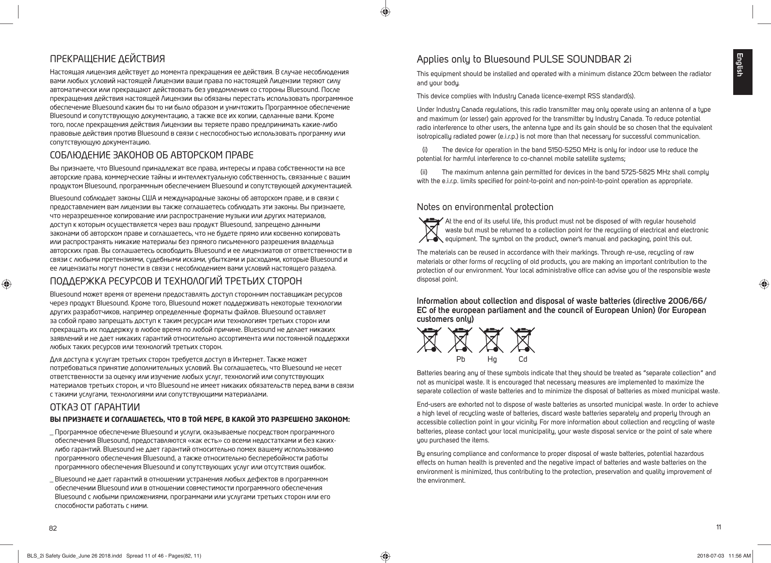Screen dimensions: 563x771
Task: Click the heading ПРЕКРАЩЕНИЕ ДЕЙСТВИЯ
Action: click(x=107, y=58)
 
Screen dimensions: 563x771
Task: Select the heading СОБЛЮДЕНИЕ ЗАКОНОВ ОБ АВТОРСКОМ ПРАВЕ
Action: click(x=152, y=156)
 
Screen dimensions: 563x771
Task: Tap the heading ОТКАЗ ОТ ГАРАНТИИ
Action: click(x=95, y=407)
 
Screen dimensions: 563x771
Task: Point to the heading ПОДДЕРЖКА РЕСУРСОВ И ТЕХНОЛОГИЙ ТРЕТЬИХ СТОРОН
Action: click(x=176, y=281)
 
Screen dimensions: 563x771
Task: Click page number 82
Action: click(x=53, y=528)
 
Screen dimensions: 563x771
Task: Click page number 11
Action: click(x=719, y=527)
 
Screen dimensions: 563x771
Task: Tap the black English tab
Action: click(x=742, y=72)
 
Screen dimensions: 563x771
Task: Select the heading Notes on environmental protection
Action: click(x=485, y=207)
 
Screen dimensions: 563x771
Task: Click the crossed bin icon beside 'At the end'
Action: click(x=430, y=230)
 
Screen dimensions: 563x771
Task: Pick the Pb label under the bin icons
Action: click(x=461, y=360)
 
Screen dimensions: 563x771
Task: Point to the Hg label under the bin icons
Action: click(x=492, y=360)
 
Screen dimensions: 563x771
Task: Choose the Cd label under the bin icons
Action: click(x=522, y=360)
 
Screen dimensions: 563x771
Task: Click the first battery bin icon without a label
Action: click(x=429, y=340)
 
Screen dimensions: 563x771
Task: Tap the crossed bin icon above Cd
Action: click(x=522, y=340)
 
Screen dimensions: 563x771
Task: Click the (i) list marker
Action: click(x=425, y=150)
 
